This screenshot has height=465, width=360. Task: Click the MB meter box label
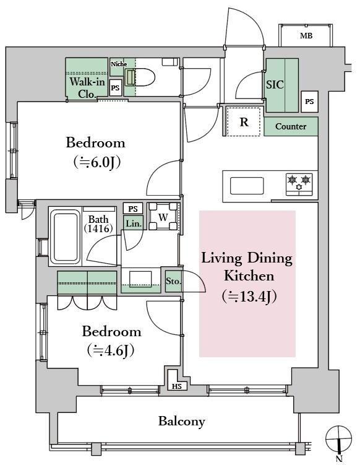point(306,36)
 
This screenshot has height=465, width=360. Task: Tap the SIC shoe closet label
point(275,85)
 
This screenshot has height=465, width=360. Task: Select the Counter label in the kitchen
point(291,126)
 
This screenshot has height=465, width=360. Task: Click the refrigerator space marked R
point(244,121)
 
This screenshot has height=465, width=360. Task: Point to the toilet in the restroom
point(140,77)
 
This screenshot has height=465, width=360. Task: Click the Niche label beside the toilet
point(119,64)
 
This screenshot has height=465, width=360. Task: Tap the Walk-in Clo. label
point(87,87)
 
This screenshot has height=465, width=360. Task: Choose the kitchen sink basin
point(247,186)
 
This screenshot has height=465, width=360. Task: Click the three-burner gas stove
point(299,185)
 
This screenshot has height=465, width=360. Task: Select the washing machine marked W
point(163,217)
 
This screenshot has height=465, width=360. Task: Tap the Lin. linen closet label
point(134,223)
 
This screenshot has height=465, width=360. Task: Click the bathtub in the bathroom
point(65,236)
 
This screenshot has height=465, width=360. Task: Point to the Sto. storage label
point(173,281)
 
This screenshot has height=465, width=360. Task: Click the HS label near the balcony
point(177,386)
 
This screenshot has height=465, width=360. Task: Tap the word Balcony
point(181,422)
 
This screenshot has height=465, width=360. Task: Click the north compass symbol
point(339,438)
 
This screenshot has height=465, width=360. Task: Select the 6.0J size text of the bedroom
point(98,162)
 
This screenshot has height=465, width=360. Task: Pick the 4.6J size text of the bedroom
point(111,350)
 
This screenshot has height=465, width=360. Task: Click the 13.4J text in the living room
point(249,297)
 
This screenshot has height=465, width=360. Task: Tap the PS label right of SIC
point(309,102)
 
